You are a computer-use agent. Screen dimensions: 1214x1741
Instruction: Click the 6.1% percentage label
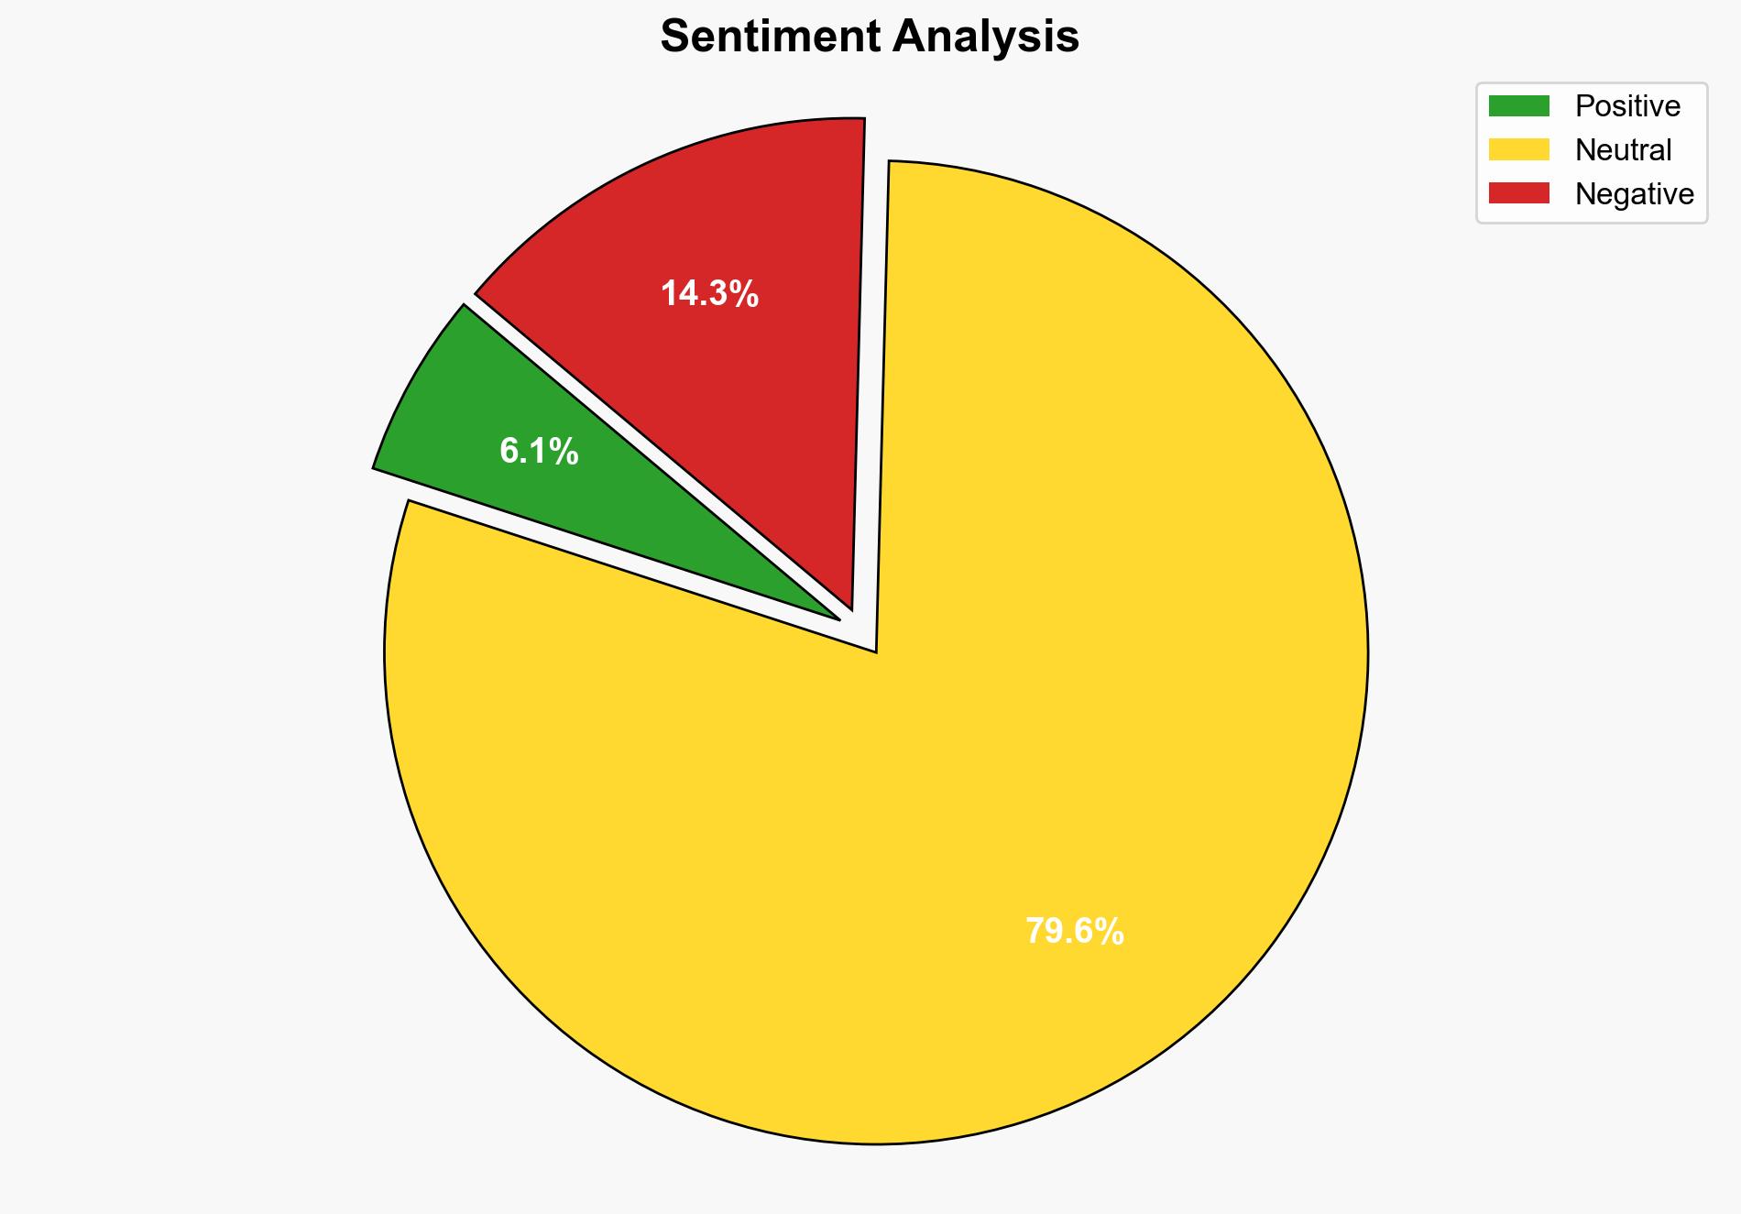point(539,451)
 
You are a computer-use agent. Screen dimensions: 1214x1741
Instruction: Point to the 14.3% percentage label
point(709,294)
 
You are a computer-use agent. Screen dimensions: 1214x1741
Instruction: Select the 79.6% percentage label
point(1074,932)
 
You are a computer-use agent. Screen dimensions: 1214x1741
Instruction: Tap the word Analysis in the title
point(986,38)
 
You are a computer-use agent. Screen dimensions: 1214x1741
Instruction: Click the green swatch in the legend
point(1518,106)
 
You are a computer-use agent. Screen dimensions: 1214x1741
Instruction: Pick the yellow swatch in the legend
point(1518,149)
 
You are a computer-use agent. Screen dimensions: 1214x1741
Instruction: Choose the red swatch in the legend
point(1518,193)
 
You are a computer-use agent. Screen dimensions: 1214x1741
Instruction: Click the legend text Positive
point(1627,106)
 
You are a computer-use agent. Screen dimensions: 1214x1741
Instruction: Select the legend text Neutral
point(1623,149)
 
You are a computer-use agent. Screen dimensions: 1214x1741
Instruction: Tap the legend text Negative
point(1634,193)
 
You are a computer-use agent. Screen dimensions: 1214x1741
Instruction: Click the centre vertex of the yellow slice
point(876,651)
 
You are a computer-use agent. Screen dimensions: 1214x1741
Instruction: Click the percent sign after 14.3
point(743,294)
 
